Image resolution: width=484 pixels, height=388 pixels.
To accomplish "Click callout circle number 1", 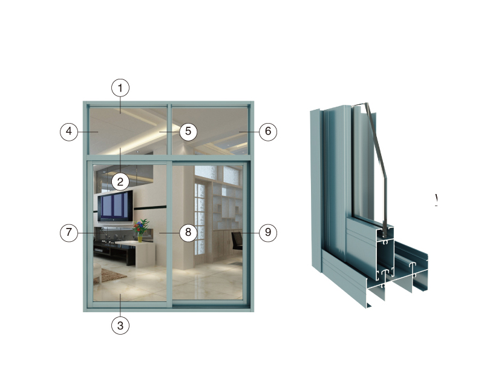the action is pyautogui.click(x=120, y=88).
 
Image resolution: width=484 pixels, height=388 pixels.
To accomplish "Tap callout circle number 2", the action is pyautogui.click(x=120, y=182).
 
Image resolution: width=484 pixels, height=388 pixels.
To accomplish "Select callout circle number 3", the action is pyautogui.click(x=120, y=325).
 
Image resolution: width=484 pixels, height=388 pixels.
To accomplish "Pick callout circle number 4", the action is pyautogui.click(x=69, y=132).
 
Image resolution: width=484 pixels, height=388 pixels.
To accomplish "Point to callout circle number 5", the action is pyautogui.click(x=188, y=132).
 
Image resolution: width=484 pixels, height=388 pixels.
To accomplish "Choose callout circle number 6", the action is pyautogui.click(x=268, y=132).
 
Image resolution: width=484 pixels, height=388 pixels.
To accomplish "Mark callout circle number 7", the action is pyautogui.click(x=69, y=232).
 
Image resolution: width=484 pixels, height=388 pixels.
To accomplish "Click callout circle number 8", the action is pyautogui.click(x=188, y=232).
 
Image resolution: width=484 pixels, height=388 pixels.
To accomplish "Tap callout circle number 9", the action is pyautogui.click(x=268, y=232).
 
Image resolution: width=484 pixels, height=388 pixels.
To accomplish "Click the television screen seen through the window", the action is pyautogui.click(x=116, y=206).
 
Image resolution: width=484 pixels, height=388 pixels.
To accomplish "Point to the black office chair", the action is pyautogui.click(x=237, y=241).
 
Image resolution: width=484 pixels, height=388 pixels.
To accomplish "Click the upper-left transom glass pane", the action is pyautogui.click(x=128, y=131).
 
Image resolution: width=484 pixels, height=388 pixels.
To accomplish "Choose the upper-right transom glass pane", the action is pyautogui.click(x=210, y=131).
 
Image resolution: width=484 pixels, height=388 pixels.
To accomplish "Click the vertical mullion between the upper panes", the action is pyautogui.click(x=169, y=129).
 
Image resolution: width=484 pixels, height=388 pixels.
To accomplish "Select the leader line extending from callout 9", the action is pyautogui.click(x=249, y=232).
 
